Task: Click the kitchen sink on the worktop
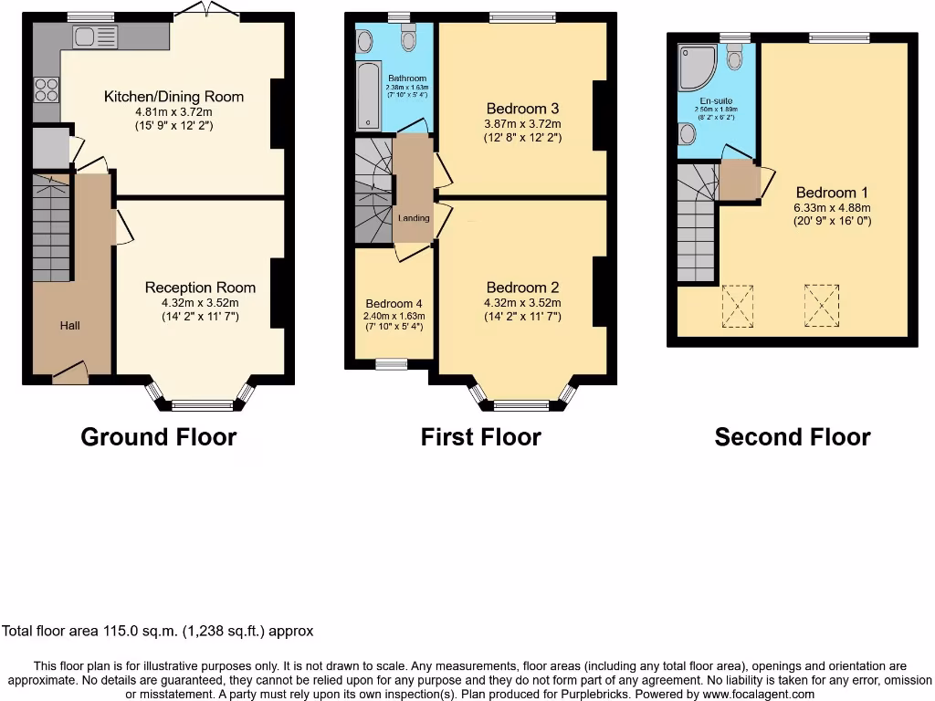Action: [x=95, y=37]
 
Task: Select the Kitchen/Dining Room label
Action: [x=173, y=97]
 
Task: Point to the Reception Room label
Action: [x=200, y=288]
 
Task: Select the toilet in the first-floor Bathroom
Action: [x=407, y=39]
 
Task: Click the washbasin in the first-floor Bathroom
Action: [x=365, y=40]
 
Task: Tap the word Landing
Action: [x=413, y=218]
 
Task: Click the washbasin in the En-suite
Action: [x=687, y=134]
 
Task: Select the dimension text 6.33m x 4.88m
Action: [x=832, y=206]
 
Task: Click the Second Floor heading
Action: [x=792, y=437]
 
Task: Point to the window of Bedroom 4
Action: [x=392, y=364]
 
